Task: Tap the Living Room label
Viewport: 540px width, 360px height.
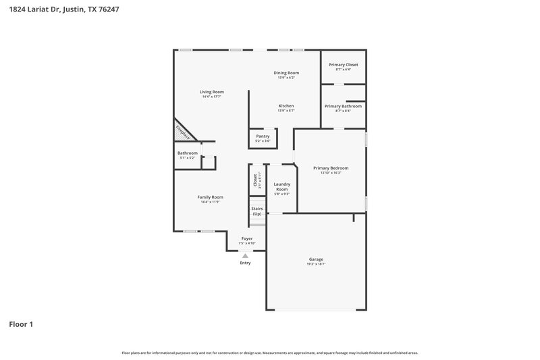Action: point(211,92)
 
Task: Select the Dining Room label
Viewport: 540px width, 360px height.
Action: point(286,73)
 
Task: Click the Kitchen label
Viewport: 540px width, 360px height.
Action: point(286,106)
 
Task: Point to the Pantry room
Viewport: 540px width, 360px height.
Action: point(263,137)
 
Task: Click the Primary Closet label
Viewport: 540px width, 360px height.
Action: point(343,65)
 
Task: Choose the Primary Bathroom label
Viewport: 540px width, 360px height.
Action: point(343,107)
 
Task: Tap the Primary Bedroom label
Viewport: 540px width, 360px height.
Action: point(331,168)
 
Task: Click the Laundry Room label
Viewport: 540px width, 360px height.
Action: point(281,186)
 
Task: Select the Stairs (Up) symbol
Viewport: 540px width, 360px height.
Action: point(256,211)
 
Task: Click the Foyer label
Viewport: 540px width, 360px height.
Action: point(247,238)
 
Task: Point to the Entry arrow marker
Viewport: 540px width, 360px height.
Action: point(245,255)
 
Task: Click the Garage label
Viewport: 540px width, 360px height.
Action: point(316,259)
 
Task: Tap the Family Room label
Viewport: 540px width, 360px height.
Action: point(211,197)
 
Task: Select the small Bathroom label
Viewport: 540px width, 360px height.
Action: point(187,153)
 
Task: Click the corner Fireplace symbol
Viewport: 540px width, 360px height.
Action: point(183,132)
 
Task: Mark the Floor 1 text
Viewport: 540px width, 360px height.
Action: point(21,324)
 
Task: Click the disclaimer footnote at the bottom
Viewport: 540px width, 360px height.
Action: point(269,353)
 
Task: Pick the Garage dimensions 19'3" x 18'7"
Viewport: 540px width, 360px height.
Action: point(316,264)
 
